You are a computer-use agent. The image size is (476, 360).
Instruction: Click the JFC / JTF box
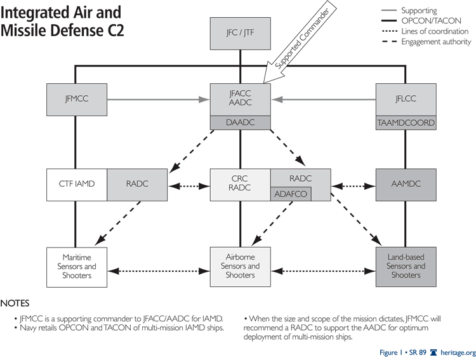click(241, 34)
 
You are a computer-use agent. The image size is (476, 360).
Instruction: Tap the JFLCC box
click(405, 99)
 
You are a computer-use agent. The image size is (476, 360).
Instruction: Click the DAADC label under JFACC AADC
click(241, 122)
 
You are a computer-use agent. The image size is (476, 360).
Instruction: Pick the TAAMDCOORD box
click(405, 122)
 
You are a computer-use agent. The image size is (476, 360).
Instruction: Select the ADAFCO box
click(291, 194)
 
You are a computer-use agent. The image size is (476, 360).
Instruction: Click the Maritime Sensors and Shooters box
click(77, 266)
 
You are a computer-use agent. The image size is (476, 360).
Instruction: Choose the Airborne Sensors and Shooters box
click(241, 266)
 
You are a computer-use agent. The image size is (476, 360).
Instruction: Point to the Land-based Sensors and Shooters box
click(405, 266)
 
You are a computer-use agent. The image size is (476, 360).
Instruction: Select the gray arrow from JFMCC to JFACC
click(159, 99)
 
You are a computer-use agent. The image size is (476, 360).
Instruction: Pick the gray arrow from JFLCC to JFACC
click(324, 99)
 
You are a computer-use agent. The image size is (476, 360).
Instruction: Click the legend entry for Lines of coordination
click(435, 31)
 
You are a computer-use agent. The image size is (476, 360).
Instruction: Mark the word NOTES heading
click(15, 303)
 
